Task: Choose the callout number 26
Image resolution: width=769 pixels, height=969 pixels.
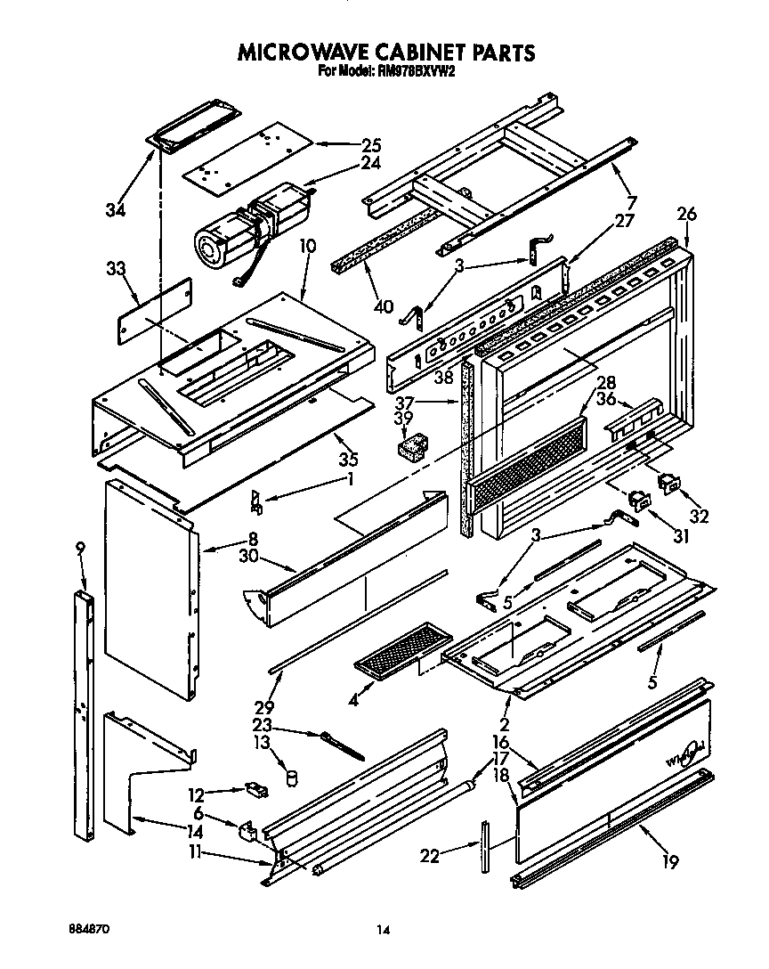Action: point(686,214)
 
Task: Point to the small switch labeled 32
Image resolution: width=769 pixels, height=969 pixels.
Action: point(668,484)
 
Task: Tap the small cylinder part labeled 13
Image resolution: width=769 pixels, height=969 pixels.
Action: point(290,778)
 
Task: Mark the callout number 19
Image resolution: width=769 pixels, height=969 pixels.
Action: point(669,861)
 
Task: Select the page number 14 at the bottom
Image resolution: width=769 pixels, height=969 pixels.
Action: point(383,931)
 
